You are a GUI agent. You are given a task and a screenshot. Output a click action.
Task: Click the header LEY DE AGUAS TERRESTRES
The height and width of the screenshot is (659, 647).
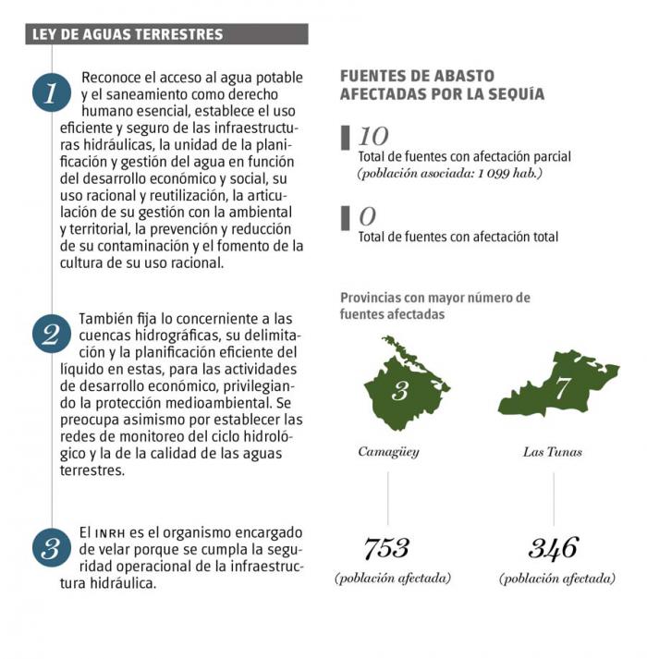pyautogui.click(x=128, y=35)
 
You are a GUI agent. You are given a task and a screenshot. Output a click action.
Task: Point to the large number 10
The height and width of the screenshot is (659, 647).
pyautogui.click(x=373, y=137)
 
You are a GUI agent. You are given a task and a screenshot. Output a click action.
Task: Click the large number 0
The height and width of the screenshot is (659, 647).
pyautogui.click(x=367, y=217)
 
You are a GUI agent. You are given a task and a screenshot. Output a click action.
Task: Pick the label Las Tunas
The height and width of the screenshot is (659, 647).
pyautogui.click(x=553, y=452)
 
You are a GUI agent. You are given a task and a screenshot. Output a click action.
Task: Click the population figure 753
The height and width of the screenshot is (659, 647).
pyautogui.click(x=386, y=548)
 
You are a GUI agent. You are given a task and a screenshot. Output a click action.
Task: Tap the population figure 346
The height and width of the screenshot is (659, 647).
pyautogui.click(x=553, y=548)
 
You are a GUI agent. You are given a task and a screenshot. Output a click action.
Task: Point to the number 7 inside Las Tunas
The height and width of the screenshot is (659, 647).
pyautogui.click(x=562, y=388)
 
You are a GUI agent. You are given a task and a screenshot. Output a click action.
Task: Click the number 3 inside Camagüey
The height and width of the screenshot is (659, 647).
pyautogui.click(x=399, y=390)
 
